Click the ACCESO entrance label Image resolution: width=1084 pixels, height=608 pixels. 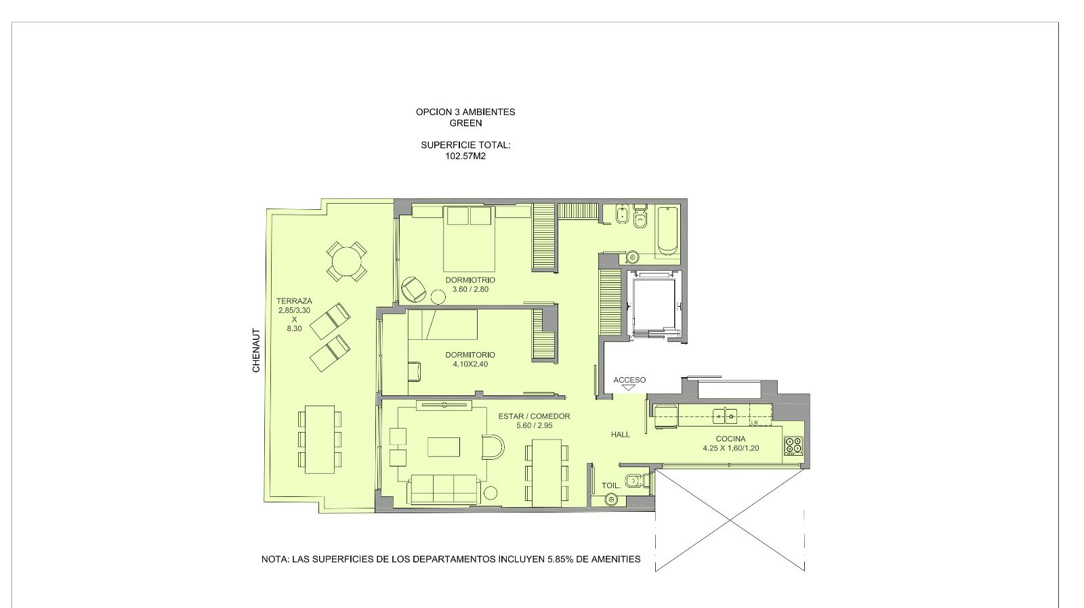(629, 381)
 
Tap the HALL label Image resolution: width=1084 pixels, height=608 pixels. (621, 435)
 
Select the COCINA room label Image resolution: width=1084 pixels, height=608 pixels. (731, 439)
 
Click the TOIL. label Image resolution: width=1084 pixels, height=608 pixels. (611, 485)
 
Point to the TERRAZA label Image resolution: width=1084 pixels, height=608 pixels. (294, 301)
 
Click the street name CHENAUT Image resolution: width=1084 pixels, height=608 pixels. (256, 351)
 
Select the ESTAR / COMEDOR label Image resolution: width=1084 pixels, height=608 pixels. (535, 416)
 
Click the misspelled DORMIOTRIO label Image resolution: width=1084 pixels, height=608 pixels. (470, 280)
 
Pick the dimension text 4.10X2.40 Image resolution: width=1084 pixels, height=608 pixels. (470, 364)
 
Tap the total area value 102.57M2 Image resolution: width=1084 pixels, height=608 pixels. (465, 156)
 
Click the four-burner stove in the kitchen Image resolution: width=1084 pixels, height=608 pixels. (793, 446)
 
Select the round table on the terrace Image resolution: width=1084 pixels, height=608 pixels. (346, 261)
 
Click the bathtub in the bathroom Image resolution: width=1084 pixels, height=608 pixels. (668, 230)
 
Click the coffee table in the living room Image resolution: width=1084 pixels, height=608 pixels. (444, 446)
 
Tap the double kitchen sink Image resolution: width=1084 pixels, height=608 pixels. (724, 416)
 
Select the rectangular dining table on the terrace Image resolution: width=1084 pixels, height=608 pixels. (320, 439)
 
